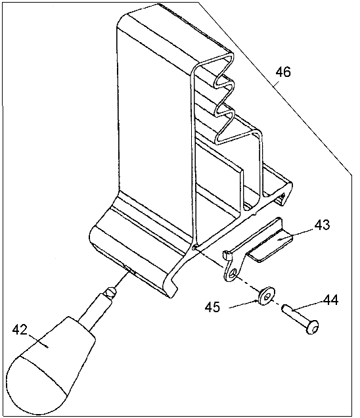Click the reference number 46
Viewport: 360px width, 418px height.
click(x=283, y=72)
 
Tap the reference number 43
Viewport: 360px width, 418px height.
click(x=322, y=225)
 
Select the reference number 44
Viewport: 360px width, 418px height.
click(x=330, y=300)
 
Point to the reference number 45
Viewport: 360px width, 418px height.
click(x=212, y=307)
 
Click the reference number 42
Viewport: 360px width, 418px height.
click(x=20, y=330)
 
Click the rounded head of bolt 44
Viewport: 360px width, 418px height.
click(x=312, y=327)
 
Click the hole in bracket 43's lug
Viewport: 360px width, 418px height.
click(x=234, y=273)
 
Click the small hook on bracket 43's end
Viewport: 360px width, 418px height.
click(x=226, y=254)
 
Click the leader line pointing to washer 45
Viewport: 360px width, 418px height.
click(x=244, y=304)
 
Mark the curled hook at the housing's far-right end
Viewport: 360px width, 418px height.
click(x=286, y=194)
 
